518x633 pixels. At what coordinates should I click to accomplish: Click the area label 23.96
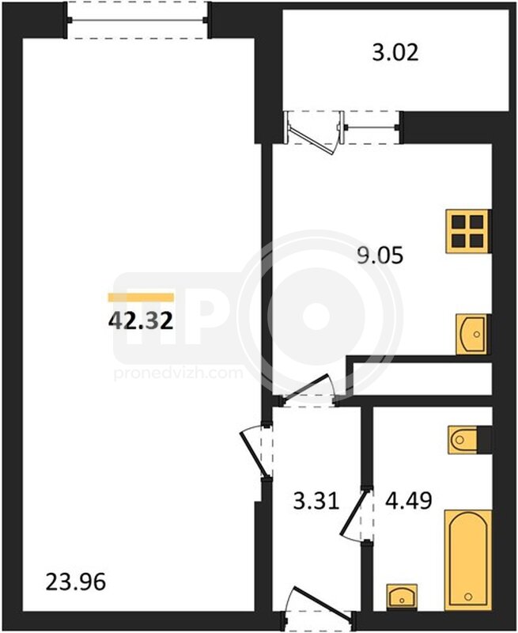pyautogui.click(x=76, y=582)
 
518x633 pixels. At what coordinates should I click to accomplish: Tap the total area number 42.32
pyautogui.click(x=141, y=321)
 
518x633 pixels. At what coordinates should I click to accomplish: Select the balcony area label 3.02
pyautogui.click(x=395, y=53)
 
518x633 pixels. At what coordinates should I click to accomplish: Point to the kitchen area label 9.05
pyautogui.click(x=380, y=256)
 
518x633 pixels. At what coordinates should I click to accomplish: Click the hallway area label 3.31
pyautogui.click(x=316, y=501)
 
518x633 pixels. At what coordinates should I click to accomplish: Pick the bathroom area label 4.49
pyautogui.click(x=409, y=501)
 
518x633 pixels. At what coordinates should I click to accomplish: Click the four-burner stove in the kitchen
pyautogui.click(x=468, y=231)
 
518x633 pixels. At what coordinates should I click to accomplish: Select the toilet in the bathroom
pyautogui.click(x=469, y=439)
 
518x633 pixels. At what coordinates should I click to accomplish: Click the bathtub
pyautogui.click(x=468, y=560)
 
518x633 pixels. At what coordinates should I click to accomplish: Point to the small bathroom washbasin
pyautogui.click(x=402, y=597)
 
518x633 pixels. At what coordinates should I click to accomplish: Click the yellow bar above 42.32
pyautogui.click(x=141, y=298)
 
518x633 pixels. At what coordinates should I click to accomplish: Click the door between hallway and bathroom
pyautogui.click(x=355, y=514)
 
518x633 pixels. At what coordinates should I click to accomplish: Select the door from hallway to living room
pyautogui.click(x=255, y=451)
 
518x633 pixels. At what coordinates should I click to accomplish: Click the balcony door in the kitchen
pyautogui.click(x=312, y=132)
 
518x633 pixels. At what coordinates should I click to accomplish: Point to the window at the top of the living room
pyautogui.click(x=138, y=20)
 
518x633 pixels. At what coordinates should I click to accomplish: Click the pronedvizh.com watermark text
pyautogui.click(x=178, y=373)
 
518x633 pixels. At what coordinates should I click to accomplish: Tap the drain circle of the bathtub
pyautogui.click(x=468, y=597)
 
